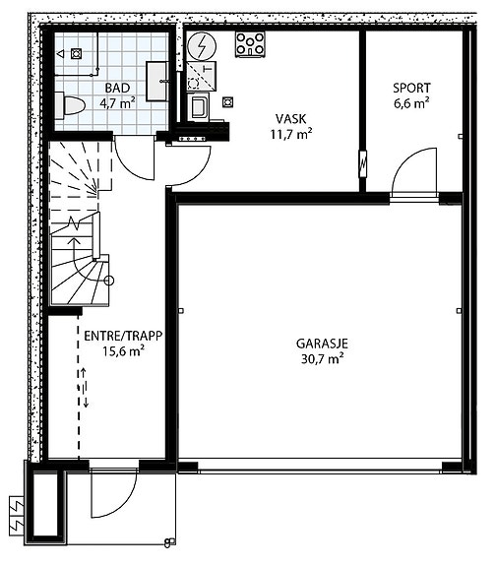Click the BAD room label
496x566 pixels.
tap(117, 88)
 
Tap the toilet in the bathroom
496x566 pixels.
tap(70, 105)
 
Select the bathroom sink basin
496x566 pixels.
tap(157, 82)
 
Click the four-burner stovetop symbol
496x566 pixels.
tap(250, 44)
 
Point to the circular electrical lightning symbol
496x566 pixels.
tap(202, 46)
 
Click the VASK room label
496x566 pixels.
tap(291, 119)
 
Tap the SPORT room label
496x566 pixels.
tap(411, 88)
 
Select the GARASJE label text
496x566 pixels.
tap(322, 344)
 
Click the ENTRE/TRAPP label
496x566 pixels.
tap(123, 336)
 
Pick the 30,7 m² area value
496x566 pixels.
tap(322, 359)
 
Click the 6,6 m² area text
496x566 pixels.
tap(411, 103)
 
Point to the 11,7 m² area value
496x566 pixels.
tap(291, 134)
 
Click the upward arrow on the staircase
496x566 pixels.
tap(75, 242)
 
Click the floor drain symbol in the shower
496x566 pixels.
tap(76, 54)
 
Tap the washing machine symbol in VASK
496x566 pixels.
tap(198, 106)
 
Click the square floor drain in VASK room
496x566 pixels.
tap(227, 102)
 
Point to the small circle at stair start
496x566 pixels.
tap(109, 281)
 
